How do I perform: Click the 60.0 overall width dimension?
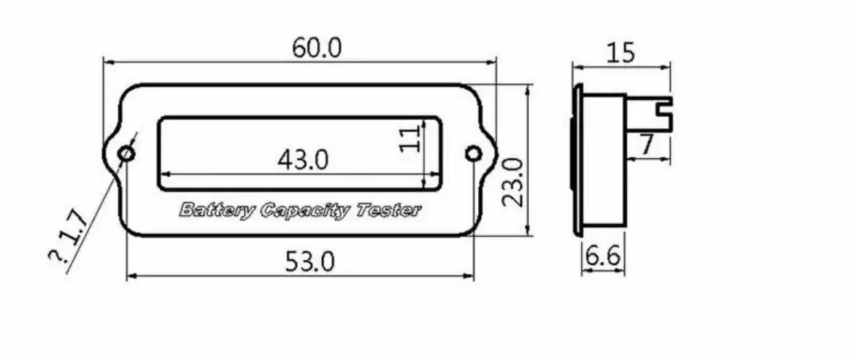317,48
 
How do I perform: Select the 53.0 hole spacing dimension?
310,262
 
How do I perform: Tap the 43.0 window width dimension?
303,160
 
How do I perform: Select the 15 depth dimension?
620,53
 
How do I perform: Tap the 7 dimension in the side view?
646,145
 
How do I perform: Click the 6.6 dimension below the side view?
602,256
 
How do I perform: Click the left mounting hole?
127,153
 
